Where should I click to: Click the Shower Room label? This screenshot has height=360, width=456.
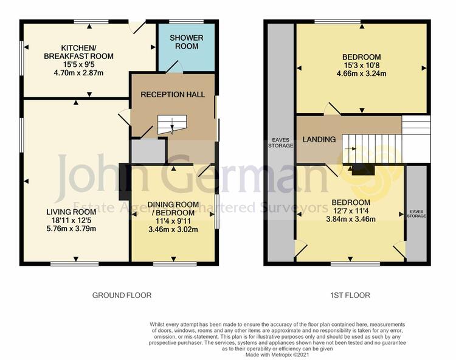click(x=187, y=42)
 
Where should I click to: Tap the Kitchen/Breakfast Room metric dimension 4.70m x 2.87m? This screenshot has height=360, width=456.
click(x=78, y=73)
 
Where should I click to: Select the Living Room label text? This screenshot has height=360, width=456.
click(x=71, y=212)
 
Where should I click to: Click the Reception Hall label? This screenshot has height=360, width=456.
click(x=173, y=94)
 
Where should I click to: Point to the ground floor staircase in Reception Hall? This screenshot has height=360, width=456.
click(x=172, y=125)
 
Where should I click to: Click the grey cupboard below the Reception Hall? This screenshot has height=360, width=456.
click(x=148, y=151)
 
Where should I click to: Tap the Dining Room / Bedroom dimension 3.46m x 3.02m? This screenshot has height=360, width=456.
click(x=173, y=229)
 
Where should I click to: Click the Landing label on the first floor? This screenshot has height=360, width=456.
click(x=319, y=139)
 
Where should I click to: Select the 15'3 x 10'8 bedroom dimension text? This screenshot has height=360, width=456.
click(x=362, y=65)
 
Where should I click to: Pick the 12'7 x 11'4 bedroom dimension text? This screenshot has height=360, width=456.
click(x=351, y=210)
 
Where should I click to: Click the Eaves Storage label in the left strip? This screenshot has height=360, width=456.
click(x=280, y=143)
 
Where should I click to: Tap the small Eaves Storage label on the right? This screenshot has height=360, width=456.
click(x=416, y=213)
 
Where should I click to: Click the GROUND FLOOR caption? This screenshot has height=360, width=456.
click(x=122, y=296)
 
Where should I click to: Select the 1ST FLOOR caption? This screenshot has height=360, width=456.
click(x=350, y=296)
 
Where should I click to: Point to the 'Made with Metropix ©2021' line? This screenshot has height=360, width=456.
click(x=277, y=355)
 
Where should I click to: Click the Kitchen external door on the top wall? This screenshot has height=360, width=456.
click(x=137, y=27)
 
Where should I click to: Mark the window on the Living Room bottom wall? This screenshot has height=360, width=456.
click(x=74, y=264)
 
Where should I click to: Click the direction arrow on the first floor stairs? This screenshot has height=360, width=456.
click(x=350, y=148)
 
